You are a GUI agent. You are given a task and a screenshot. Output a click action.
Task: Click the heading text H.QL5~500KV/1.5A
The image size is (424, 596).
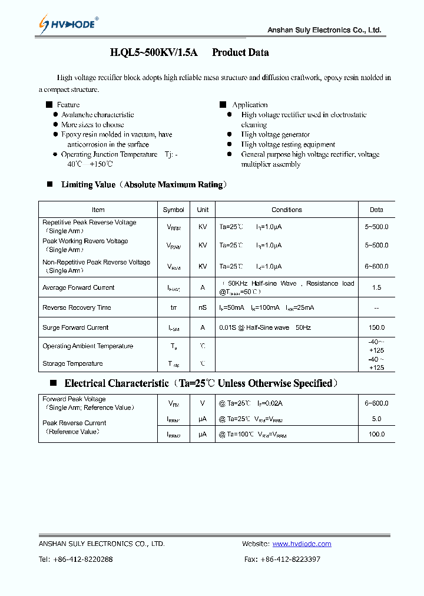156,52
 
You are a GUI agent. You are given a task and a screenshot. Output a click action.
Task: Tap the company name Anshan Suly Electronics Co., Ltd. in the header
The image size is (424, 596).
324,30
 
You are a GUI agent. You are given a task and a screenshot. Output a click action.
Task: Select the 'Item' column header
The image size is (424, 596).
98,210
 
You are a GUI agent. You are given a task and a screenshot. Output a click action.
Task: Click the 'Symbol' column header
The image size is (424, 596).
173,210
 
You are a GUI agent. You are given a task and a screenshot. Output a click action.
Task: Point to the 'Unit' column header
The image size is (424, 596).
203,210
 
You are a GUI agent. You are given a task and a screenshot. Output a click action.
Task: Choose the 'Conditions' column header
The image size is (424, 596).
287,210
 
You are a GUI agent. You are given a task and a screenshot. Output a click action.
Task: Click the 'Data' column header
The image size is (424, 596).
376,210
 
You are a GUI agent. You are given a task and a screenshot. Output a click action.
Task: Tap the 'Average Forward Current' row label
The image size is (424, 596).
78,288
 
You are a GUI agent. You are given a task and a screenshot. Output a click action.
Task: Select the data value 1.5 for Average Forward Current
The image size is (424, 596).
376,288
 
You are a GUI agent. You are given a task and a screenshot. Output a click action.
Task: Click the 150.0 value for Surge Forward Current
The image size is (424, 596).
376,327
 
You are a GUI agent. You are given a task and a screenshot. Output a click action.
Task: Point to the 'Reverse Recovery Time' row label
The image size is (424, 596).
77,308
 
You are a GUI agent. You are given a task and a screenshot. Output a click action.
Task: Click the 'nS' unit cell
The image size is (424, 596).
203,308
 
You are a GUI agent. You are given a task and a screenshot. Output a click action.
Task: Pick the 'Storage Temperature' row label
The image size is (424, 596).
72,364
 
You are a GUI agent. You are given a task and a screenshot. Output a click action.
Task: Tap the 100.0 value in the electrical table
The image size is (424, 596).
376,434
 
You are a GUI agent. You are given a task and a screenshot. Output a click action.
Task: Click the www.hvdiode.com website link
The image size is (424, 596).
302,544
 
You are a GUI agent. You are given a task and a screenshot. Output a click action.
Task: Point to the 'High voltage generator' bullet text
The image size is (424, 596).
275,135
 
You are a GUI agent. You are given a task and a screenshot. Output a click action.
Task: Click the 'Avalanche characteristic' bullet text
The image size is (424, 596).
98,115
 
